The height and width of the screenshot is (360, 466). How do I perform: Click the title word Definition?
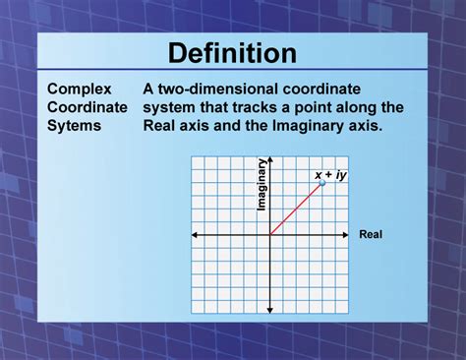tap(232, 52)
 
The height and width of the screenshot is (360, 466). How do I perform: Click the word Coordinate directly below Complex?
tap(87, 107)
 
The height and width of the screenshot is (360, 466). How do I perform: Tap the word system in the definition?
tap(171, 107)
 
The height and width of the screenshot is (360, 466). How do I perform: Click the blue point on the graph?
tap(322, 182)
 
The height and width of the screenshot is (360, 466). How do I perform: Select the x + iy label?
tap(331, 175)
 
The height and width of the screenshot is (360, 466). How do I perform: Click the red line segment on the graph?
tap(295, 210)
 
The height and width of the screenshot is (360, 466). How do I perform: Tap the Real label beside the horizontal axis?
tap(371, 235)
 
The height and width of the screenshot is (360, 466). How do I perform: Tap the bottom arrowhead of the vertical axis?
tap(269, 311)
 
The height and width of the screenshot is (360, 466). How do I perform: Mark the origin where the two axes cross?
tap(269, 235)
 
